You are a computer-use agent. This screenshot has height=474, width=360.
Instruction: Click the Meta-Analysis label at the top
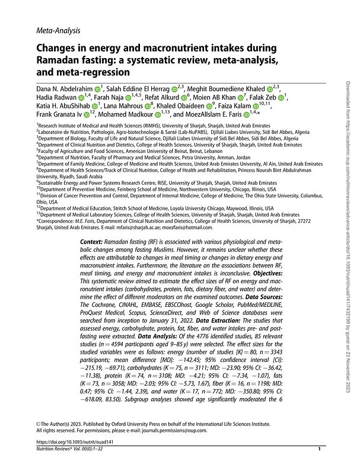pos(58,29)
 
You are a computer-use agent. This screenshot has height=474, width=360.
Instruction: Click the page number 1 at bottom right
pos(319,467)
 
